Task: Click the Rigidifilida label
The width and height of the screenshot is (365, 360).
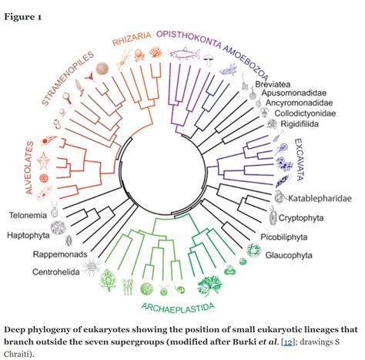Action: (x=308, y=135)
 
